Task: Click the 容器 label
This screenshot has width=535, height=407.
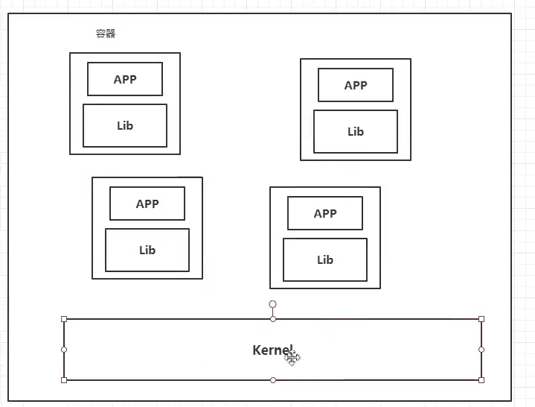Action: tap(106, 34)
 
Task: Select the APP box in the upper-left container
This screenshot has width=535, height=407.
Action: tap(125, 80)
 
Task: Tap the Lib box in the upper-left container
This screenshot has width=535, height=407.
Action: tap(125, 125)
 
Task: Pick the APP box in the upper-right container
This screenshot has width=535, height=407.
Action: tap(356, 85)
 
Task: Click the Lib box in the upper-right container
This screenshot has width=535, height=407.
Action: tap(356, 131)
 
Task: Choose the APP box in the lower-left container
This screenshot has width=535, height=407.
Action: tap(147, 203)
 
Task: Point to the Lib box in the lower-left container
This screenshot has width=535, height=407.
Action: tap(147, 250)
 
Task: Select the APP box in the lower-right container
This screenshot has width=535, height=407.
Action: tap(325, 213)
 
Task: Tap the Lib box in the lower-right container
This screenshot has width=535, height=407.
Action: tap(325, 259)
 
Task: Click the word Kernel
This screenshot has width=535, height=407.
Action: tap(271, 350)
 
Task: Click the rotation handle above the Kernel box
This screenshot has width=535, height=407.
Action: tap(273, 304)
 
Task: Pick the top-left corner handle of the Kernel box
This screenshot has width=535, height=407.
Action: tap(64, 319)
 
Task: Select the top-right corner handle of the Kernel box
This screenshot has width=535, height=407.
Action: tap(481, 319)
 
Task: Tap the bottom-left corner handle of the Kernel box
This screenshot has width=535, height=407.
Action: tap(64, 380)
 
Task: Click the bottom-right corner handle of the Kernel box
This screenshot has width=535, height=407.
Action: tap(481, 380)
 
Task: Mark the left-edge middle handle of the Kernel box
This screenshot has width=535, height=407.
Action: tap(64, 350)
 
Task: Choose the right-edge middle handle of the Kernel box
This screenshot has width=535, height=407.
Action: tap(481, 350)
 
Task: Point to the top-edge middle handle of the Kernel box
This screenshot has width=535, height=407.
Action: tap(273, 319)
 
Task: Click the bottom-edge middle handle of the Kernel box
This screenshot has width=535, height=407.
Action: tap(273, 380)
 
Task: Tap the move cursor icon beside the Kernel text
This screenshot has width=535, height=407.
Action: tap(292, 358)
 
